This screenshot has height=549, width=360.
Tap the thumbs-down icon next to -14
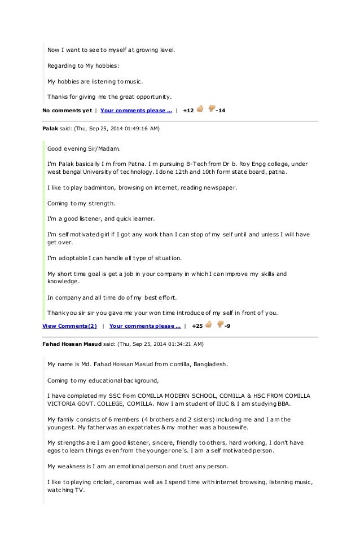(212, 109)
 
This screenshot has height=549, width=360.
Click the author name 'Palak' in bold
(51, 129)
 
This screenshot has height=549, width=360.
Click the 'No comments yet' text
(67, 110)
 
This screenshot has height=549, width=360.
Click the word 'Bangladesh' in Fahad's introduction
(209, 364)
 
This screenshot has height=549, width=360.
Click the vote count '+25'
(197, 326)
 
